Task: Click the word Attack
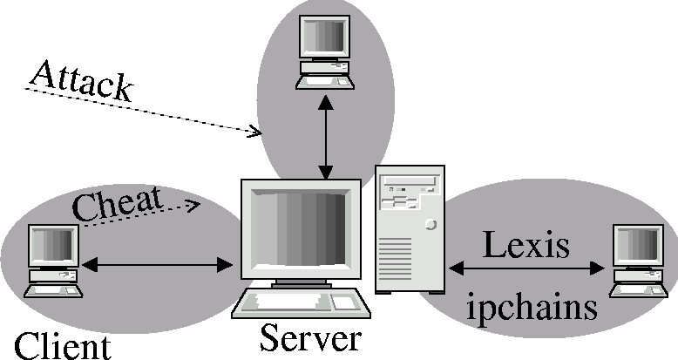pyautogui.click(x=80, y=82)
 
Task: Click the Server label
pyautogui.click(x=309, y=339)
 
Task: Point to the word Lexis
pyautogui.click(x=526, y=246)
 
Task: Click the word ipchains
pyautogui.click(x=532, y=306)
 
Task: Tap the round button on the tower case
pyautogui.click(x=431, y=224)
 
